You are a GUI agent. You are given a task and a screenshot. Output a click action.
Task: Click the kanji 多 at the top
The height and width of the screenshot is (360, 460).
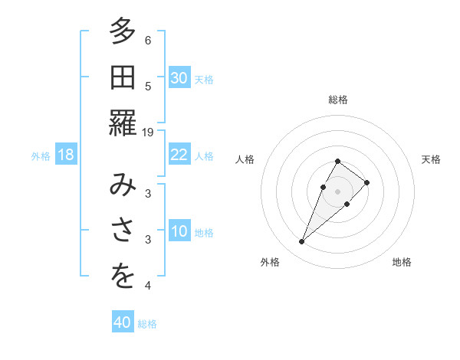pos(123,31)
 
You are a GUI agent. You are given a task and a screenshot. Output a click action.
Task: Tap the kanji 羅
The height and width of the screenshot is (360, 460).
pos(123,122)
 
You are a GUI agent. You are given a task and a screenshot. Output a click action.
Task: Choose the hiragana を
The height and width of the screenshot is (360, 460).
pos(123,277)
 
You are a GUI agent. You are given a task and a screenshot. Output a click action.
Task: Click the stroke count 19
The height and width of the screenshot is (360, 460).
pos(148,132)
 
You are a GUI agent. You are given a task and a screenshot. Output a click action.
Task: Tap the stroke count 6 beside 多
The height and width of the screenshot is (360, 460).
pos(148,41)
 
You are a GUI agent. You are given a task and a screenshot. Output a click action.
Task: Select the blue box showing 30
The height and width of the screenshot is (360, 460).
pos(179,78)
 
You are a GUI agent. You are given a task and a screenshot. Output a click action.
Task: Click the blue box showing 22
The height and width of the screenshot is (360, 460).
pos(179,155)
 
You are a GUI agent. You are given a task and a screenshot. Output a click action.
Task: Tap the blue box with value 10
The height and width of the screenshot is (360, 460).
pos(179,231)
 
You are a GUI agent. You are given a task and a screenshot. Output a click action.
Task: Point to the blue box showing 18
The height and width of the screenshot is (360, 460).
pos(66,155)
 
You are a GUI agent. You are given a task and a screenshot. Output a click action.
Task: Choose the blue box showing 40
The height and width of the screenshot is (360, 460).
pos(123,322)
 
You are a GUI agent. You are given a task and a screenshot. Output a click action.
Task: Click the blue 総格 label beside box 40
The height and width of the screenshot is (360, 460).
pos(147,324)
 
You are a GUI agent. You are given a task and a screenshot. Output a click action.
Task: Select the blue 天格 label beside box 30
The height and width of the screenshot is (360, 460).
pos(204,80)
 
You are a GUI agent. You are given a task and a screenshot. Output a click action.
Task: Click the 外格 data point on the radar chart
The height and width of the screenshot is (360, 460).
pos(301,242)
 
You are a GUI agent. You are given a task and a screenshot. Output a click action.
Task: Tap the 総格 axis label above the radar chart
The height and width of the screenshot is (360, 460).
pos(338,100)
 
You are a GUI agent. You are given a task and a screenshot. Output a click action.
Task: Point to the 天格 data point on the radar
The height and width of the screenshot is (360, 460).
pos(367,182)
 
